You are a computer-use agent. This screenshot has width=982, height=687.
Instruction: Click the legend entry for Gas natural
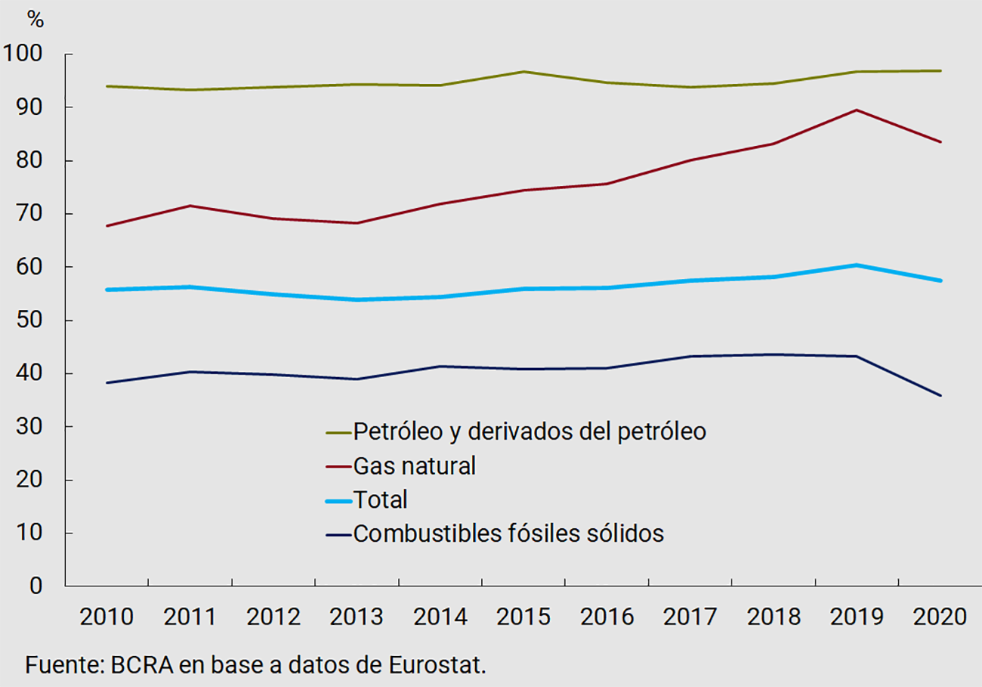pyautogui.click(x=414, y=466)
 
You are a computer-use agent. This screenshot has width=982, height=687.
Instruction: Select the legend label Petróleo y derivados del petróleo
pyautogui.click(x=529, y=432)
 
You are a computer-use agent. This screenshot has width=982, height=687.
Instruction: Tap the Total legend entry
pyautogui.click(x=380, y=500)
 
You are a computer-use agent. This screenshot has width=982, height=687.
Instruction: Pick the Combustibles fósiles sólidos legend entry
pyautogui.click(x=508, y=534)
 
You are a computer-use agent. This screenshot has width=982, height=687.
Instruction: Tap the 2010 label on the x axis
pyautogui.click(x=107, y=617)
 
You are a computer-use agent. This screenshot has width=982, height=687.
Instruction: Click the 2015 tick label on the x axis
pyautogui.click(x=523, y=617)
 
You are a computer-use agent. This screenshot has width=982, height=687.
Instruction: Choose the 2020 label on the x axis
pyautogui.click(x=940, y=617)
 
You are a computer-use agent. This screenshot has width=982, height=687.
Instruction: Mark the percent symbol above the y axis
pyautogui.click(x=36, y=20)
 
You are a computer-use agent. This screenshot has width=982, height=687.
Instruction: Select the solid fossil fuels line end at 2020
pyautogui.click(x=940, y=395)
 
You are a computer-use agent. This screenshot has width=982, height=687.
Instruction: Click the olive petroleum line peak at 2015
pyautogui.click(x=523, y=72)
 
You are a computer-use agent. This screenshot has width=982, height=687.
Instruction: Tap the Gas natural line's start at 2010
pyautogui.click(x=107, y=225)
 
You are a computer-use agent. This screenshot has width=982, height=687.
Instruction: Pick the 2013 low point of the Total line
pyautogui.click(x=357, y=300)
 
